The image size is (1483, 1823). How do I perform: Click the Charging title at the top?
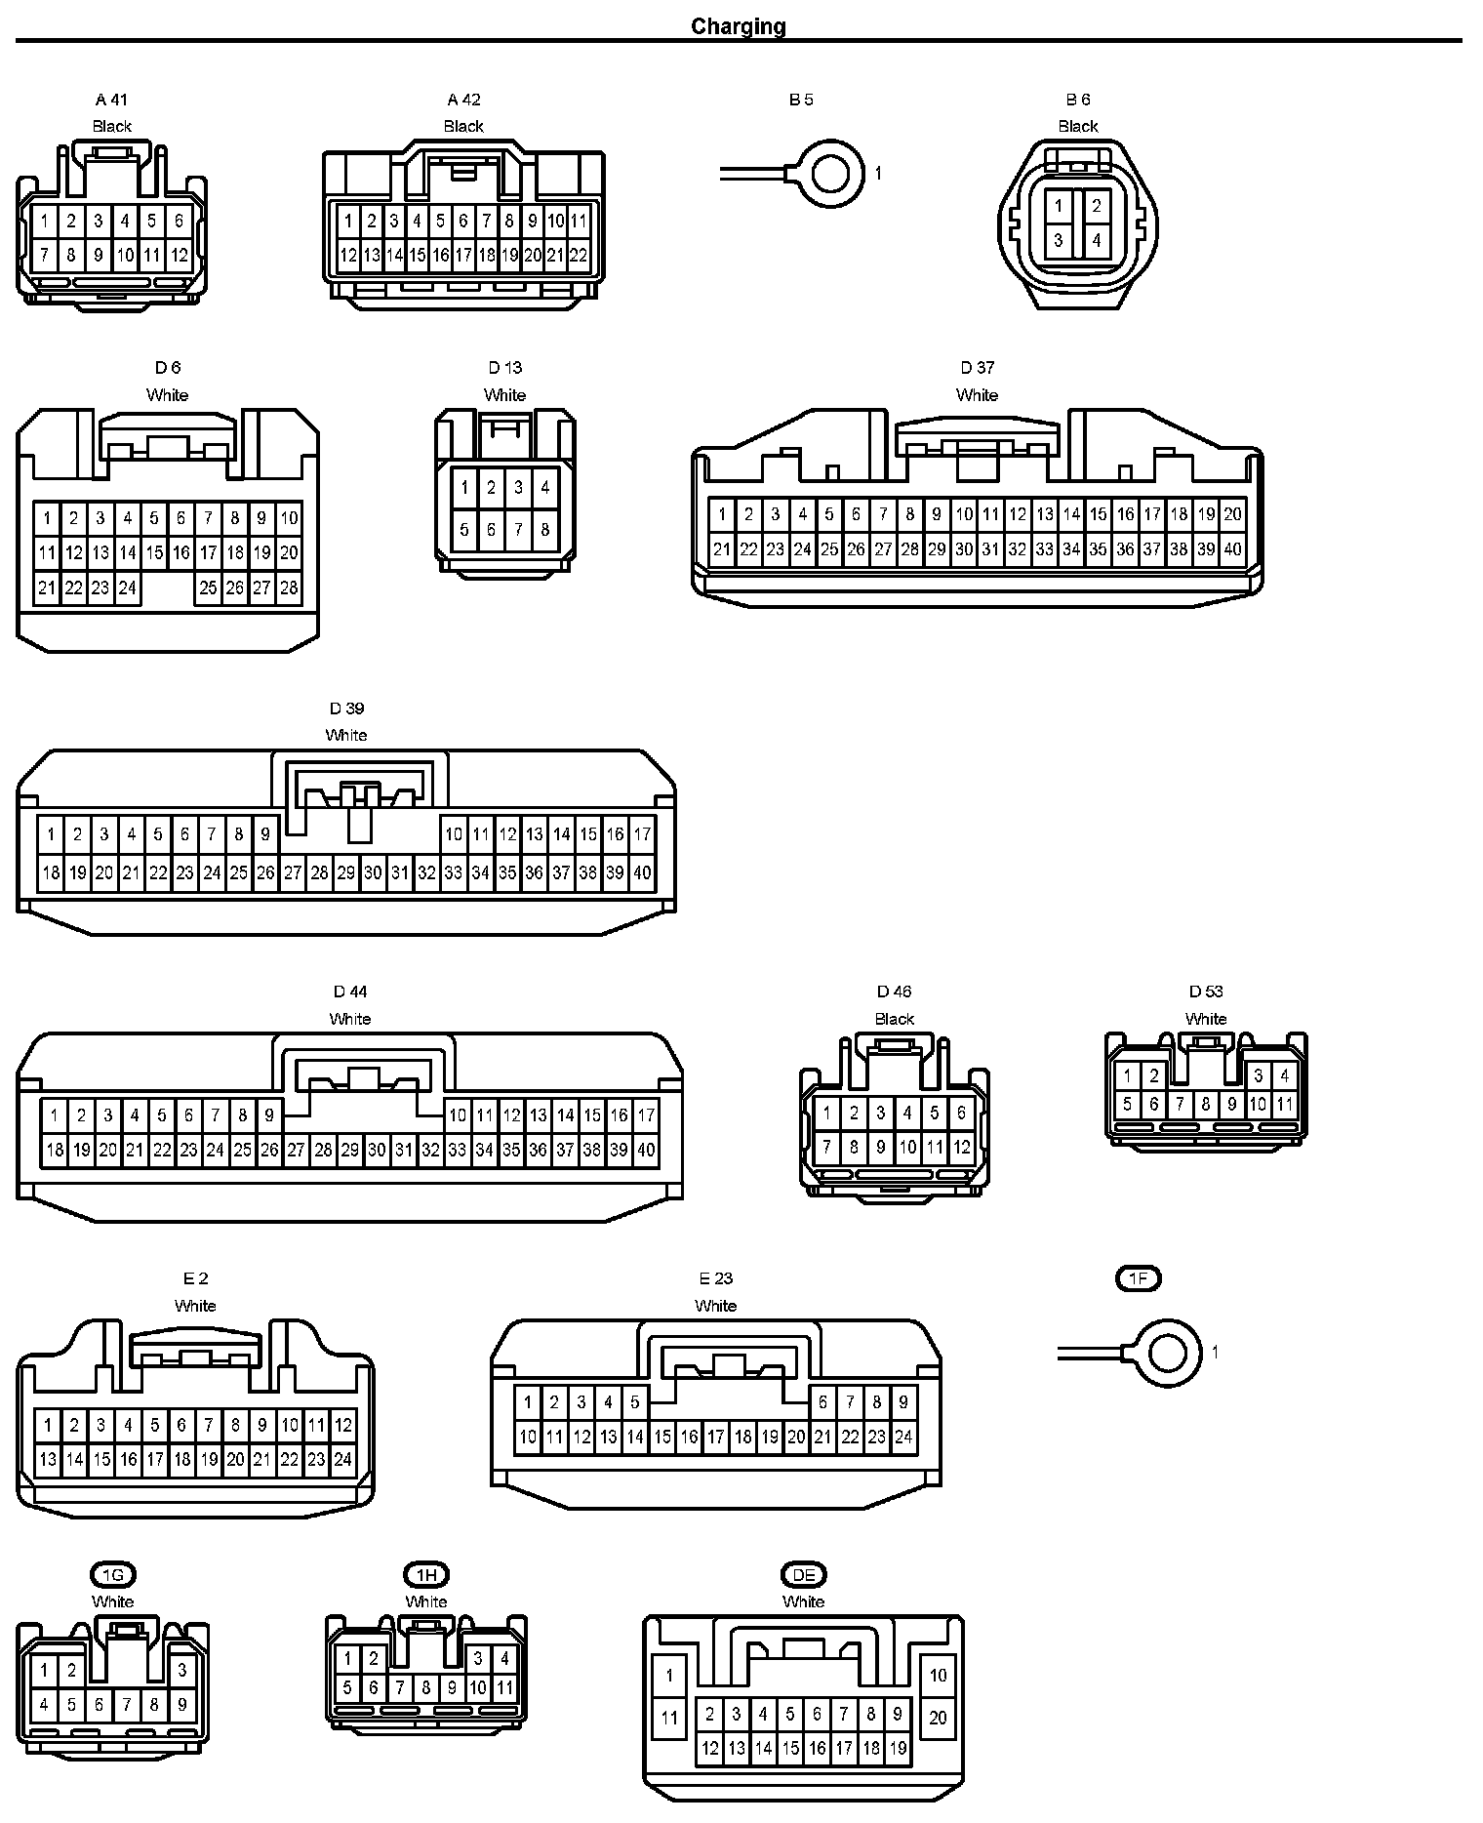(739, 26)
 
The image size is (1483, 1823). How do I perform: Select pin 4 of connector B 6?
(1096, 240)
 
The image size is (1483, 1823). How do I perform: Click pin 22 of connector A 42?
(579, 256)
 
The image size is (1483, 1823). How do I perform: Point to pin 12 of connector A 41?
(179, 257)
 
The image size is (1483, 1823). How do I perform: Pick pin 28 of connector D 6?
(289, 588)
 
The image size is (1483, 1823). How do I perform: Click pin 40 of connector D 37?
(1232, 549)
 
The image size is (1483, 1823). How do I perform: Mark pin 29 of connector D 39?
(346, 873)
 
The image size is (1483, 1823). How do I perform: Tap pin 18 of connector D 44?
(55, 1151)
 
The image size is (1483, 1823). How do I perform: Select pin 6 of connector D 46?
(961, 1113)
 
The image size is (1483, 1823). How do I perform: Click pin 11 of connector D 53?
(1284, 1105)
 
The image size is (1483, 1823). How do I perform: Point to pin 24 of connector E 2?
(342, 1461)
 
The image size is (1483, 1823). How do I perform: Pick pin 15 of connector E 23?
(662, 1437)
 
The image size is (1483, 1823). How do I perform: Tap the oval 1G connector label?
(113, 1574)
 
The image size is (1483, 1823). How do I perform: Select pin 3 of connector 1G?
(181, 1671)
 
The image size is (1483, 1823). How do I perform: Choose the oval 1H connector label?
(426, 1574)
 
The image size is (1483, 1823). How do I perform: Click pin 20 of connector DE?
(938, 1718)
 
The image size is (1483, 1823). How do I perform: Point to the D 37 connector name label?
(977, 368)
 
